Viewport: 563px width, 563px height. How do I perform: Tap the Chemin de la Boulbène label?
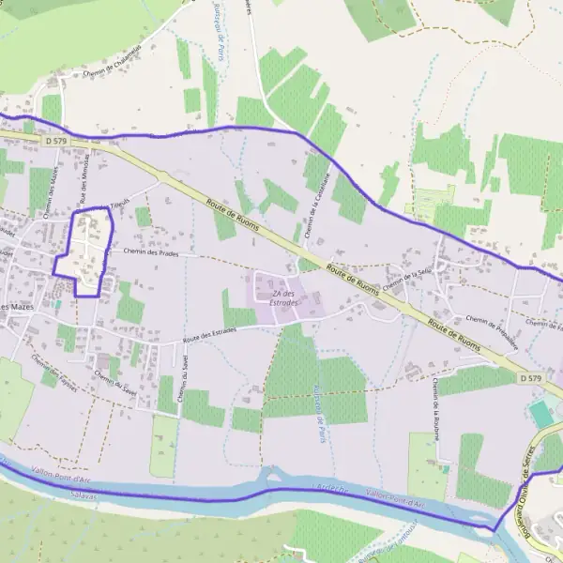436,408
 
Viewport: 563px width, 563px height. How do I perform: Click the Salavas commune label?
84,494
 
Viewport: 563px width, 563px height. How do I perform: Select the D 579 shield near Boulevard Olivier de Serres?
530,377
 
